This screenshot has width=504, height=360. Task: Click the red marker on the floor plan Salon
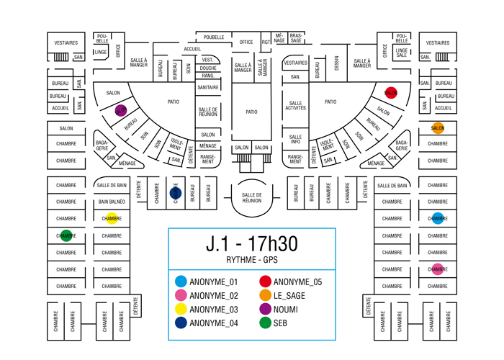click(x=391, y=93)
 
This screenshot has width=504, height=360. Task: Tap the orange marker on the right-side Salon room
click(x=438, y=128)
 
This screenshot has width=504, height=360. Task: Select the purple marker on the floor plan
click(x=121, y=111)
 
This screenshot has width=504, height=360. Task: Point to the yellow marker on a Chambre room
click(x=112, y=218)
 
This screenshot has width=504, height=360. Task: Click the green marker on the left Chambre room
click(x=66, y=235)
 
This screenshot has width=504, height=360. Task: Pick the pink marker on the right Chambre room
click(x=438, y=270)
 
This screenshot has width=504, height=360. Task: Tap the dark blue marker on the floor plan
click(x=174, y=193)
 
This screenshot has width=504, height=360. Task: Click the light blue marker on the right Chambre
click(x=438, y=219)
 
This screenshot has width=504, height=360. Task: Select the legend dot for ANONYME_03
click(x=181, y=310)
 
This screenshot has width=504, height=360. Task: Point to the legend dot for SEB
click(x=265, y=323)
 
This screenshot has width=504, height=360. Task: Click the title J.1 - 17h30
click(x=251, y=244)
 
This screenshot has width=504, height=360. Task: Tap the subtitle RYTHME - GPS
click(x=251, y=260)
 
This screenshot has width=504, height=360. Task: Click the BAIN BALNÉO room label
click(x=112, y=202)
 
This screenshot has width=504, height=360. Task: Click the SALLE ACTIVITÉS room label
click(x=296, y=106)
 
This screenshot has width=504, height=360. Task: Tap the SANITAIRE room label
click(x=208, y=87)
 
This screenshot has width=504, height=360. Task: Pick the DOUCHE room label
click(x=208, y=68)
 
